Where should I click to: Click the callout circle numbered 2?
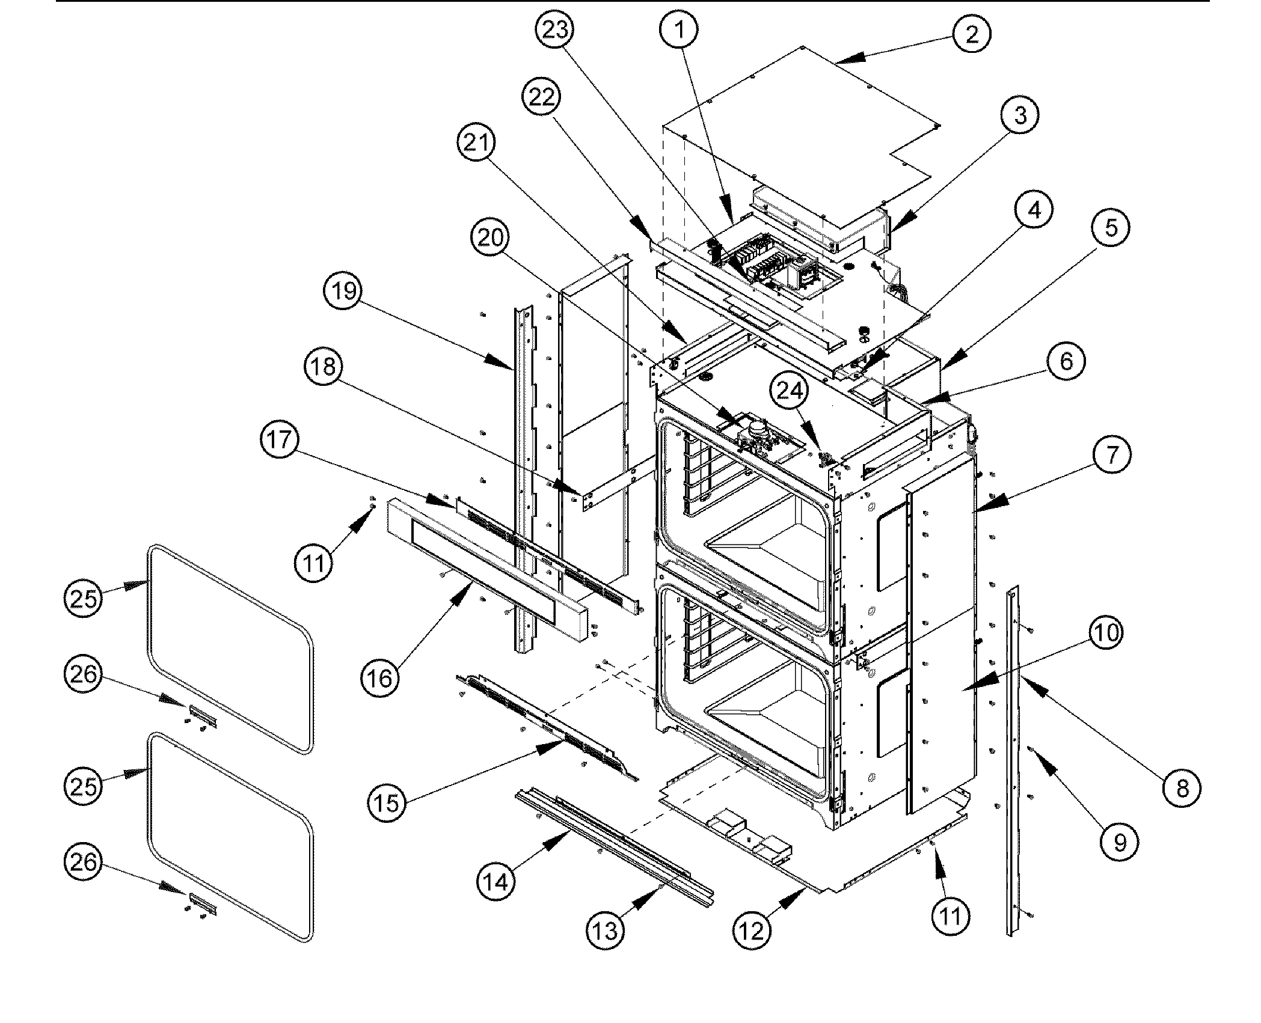coord(971,34)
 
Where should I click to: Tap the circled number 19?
coord(344,292)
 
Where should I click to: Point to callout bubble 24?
coord(790,391)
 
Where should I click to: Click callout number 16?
coord(379,679)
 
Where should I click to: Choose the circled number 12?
coord(752,931)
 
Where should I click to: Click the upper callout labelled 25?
coord(83,598)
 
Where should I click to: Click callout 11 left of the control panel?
coord(314,563)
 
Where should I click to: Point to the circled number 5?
coord(1111,228)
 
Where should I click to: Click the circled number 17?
coord(279,440)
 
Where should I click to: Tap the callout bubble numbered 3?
coord(1020,115)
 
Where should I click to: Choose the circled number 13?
coord(605,931)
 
